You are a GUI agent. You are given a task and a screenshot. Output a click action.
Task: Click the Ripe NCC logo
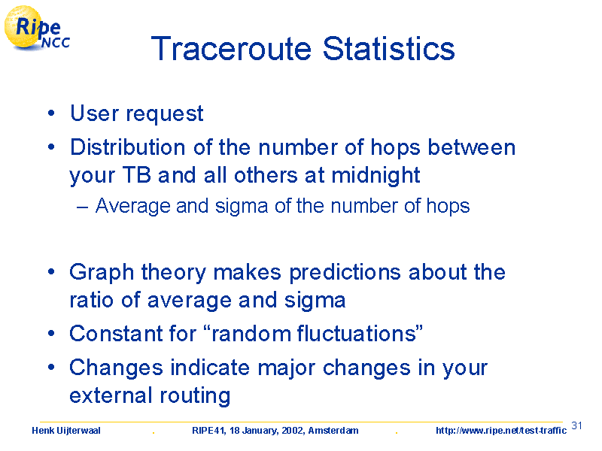coord(36,29)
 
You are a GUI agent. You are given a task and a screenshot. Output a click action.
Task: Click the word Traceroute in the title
coord(231,49)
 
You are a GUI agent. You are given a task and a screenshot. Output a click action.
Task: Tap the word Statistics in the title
coord(388,49)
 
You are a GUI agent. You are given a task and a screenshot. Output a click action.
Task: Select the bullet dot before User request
coord(51,114)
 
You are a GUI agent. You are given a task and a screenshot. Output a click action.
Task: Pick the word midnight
coord(375,176)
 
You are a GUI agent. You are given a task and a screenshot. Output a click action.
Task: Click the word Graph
coord(102,273)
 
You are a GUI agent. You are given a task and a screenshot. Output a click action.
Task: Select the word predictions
coord(345,273)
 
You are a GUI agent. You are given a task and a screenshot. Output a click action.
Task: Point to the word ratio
coord(92,300)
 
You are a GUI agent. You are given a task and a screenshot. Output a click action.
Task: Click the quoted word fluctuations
coord(357,333)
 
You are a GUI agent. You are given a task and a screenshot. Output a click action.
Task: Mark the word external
coord(111,395)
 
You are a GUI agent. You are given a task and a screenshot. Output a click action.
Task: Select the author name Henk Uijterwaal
coord(66,431)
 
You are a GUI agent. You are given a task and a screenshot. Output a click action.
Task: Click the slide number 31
coord(576,425)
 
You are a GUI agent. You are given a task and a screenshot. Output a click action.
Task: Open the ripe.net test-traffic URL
coord(501,431)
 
